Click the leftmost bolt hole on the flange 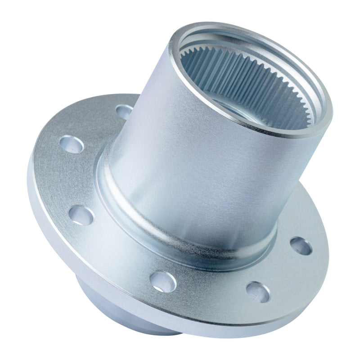coord(72,144)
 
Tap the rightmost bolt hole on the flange coord(301,246)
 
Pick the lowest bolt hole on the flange coord(258,292)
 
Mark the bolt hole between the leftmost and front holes coord(81,215)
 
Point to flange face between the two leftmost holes coord(67,180)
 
